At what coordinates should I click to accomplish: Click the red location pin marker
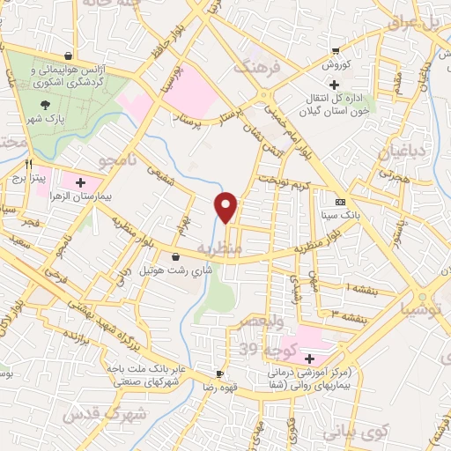tap(226, 207)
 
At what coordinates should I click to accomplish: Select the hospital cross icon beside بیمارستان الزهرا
tap(81, 183)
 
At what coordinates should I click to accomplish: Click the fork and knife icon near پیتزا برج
tap(29, 164)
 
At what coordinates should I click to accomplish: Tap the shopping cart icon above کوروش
tap(334, 49)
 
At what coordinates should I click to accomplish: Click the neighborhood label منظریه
tap(218, 248)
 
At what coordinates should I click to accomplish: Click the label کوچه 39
tap(263, 350)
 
